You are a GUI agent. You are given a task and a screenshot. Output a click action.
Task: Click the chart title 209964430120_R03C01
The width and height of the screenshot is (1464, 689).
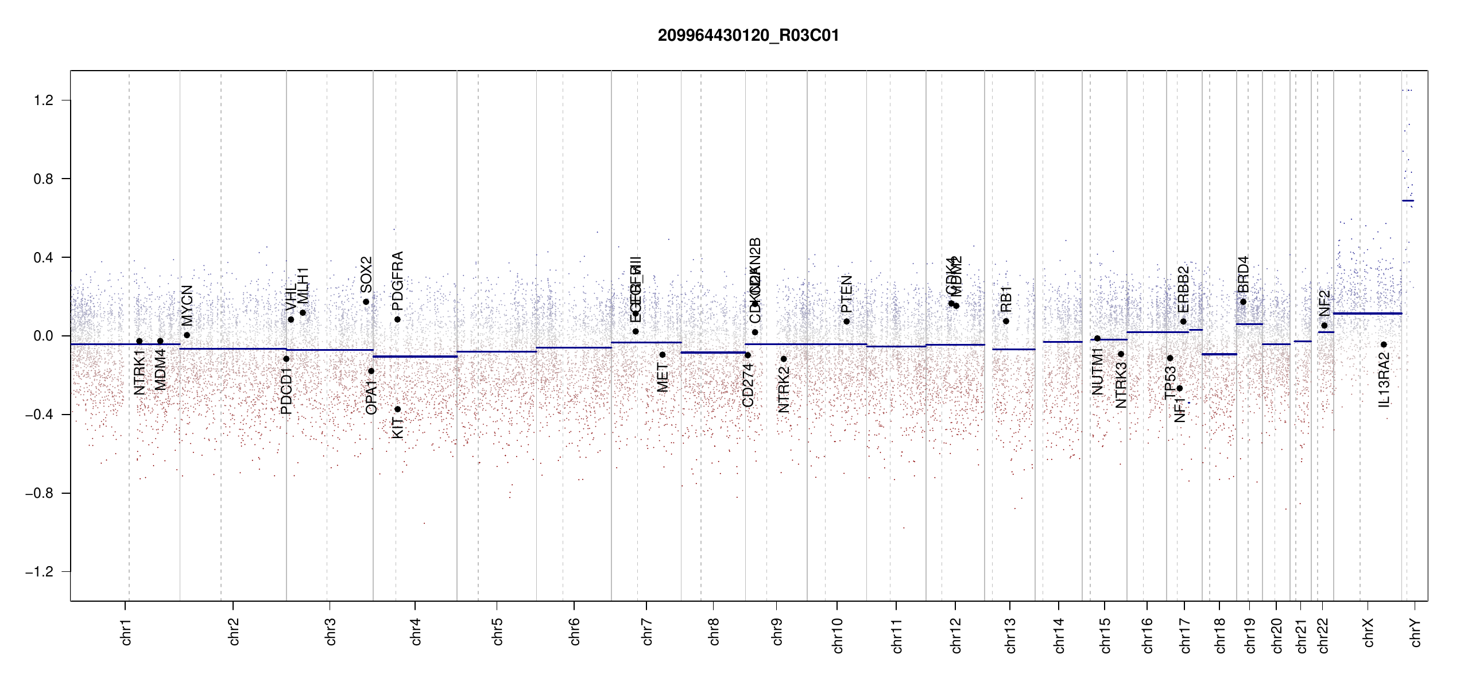(x=748, y=36)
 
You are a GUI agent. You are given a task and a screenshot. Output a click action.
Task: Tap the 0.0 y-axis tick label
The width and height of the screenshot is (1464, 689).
(x=44, y=336)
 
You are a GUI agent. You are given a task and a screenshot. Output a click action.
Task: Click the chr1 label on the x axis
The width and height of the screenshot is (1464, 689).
(x=126, y=632)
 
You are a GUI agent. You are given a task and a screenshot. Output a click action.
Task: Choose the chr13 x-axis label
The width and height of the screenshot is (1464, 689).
(x=1010, y=635)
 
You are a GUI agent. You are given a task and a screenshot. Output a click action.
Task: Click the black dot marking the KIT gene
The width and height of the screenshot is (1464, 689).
(x=397, y=409)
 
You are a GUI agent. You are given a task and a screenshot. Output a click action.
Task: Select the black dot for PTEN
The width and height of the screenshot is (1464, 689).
(x=846, y=322)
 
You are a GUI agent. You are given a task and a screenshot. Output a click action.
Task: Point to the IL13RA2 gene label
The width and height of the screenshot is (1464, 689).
(x=1384, y=380)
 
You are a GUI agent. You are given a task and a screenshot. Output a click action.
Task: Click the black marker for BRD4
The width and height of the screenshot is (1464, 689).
(x=1243, y=302)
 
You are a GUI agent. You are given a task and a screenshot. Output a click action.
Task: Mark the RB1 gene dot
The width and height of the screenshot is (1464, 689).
(x=1006, y=322)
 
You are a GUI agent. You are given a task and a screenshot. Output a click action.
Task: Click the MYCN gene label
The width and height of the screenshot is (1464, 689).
(x=187, y=305)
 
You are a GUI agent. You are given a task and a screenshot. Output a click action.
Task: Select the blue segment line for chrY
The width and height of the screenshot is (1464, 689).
(x=1408, y=200)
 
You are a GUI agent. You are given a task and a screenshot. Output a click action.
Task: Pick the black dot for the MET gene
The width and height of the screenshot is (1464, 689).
(x=663, y=355)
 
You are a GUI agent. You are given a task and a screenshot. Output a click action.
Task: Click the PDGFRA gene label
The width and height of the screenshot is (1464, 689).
(x=397, y=276)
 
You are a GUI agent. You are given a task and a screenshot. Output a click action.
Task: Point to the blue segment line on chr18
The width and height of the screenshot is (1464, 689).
(x=1219, y=354)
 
